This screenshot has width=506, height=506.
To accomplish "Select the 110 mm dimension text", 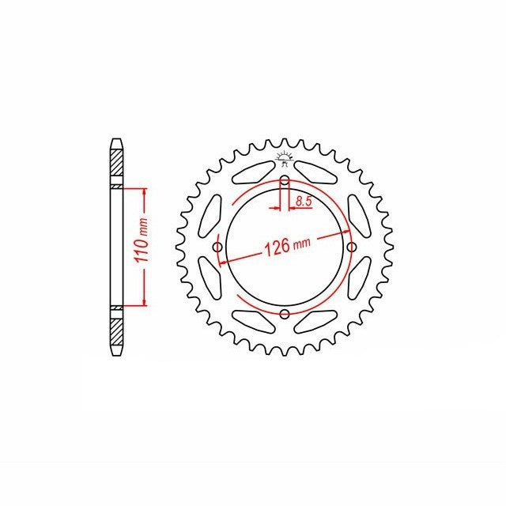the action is click(x=142, y=240).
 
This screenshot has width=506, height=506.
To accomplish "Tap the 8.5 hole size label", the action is click(x=304, y=202).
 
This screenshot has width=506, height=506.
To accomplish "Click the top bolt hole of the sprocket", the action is click(x=285, y=180).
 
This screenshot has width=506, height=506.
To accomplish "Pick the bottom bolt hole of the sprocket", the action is click(x=285, y=314).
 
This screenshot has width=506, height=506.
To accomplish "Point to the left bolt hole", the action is click(x=218, y=247).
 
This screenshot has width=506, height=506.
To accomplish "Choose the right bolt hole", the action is click(x=351, y=247).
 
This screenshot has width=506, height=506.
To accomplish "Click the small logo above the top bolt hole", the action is click(x=285, y=159).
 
